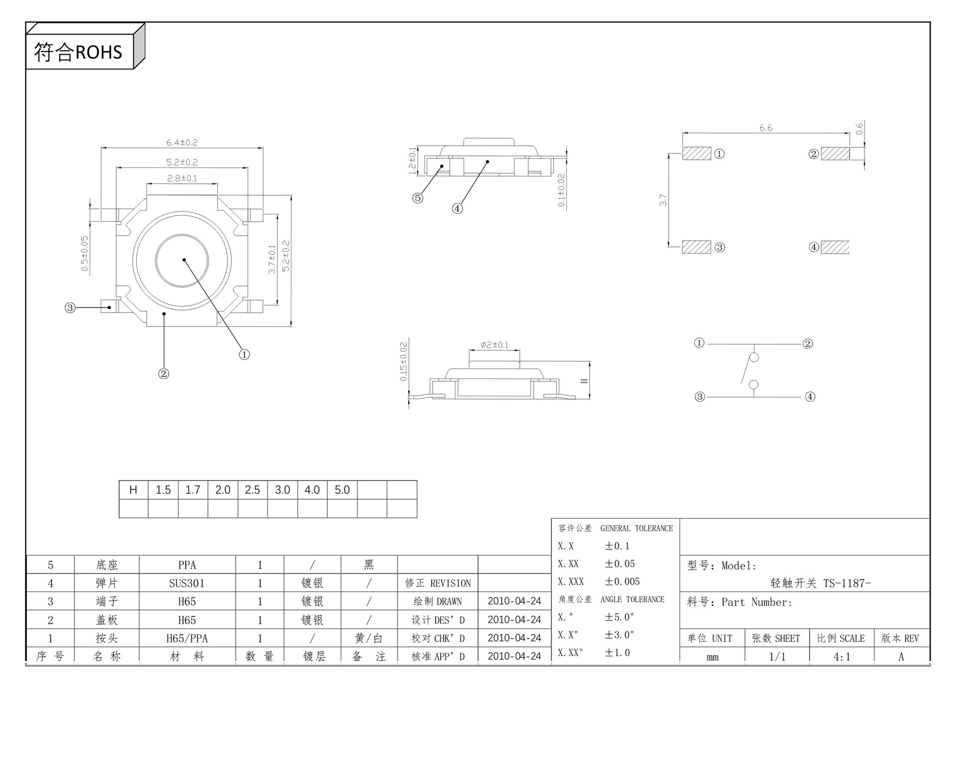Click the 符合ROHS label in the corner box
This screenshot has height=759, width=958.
pos(78,52)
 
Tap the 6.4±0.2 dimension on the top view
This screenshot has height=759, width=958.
pos(182,143)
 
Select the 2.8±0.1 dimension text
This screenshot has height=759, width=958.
pos(182,178)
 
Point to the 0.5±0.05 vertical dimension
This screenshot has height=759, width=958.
pos(85,254)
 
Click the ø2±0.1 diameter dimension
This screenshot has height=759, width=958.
pos(494,345)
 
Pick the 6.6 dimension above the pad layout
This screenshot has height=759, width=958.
pos(766,128)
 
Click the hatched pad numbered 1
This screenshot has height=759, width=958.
pos(697,153)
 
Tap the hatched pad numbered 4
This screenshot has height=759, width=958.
pos(835,247)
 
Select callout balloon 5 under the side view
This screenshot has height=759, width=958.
pos(418,198)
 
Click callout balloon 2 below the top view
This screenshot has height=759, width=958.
pos(164,374)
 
